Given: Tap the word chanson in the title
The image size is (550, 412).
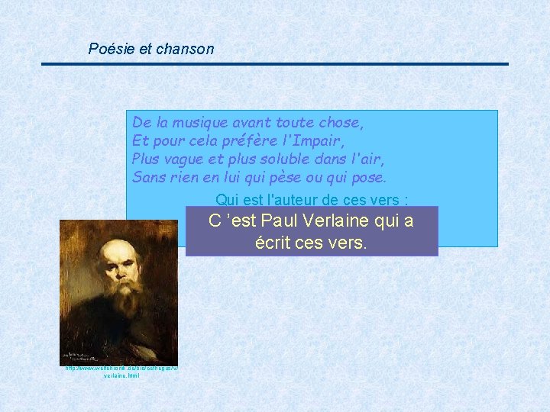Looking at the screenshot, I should [x=185, y=50].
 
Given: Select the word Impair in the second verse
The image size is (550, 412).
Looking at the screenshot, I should [x=320, y=141].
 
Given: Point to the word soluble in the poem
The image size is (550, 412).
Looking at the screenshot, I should [x=293, y=159].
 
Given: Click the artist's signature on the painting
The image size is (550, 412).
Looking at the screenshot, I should [x=85, y=356].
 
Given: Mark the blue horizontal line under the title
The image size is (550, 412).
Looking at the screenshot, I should [x=275, y=64].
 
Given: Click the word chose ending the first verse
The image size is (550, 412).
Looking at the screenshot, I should [x=341, y=123].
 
